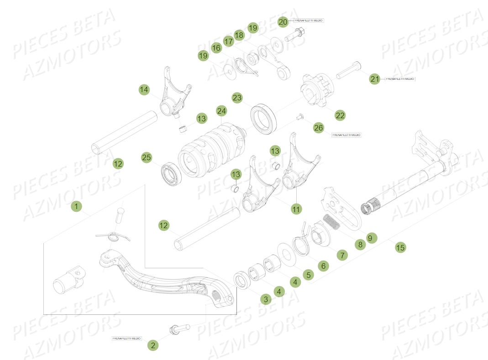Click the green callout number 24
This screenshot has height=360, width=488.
(221, 111)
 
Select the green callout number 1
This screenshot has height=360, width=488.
(77, 207)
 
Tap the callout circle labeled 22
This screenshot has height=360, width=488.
(340, 115)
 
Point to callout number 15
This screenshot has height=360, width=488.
(400, 248)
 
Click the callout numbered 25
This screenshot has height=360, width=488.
(146, 157)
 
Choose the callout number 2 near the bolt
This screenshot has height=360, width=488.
(153, 345)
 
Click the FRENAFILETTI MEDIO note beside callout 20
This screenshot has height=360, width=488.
(309, 21)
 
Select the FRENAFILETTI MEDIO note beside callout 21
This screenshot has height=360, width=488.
(400, 79)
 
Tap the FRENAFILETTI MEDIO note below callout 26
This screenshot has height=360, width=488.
(346, 135)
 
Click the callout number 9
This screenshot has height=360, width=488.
(370, 238)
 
